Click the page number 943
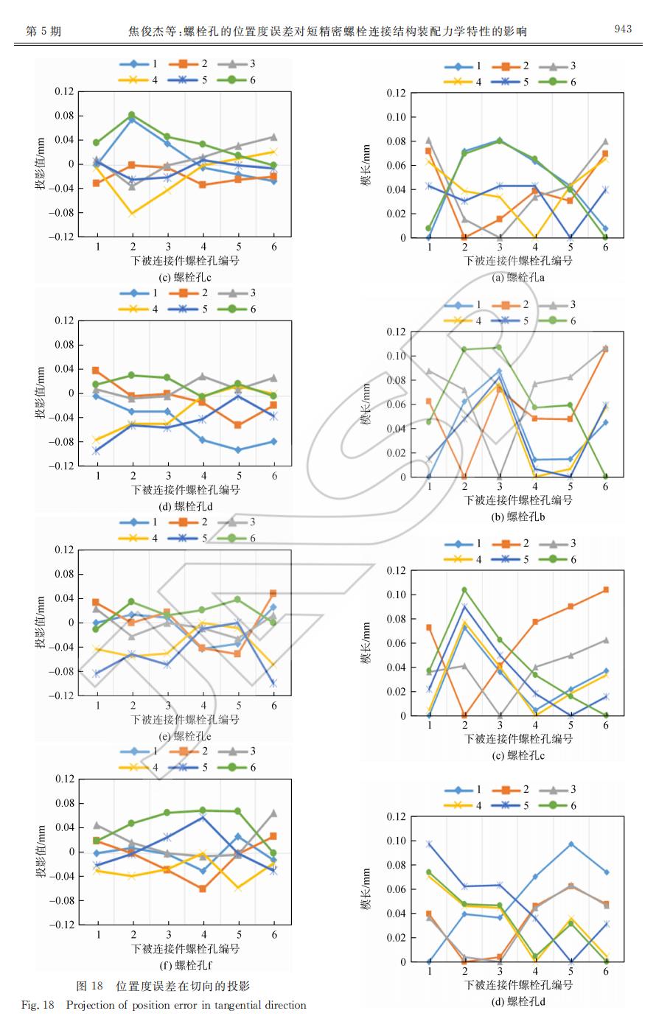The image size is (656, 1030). [623, 29]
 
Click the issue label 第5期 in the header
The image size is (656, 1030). [43, 31]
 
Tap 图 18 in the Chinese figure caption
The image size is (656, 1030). [90, 986]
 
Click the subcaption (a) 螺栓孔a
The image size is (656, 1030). [518, 278]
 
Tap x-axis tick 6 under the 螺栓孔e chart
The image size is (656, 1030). [273, 706]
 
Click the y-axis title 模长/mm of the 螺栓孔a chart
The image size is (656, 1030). [366, 166]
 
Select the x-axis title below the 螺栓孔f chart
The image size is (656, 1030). [185, 949]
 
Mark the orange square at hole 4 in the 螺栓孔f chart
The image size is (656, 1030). [203, 889]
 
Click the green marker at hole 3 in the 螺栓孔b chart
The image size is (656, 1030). [499, 347]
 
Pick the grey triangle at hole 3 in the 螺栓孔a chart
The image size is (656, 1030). [500, 237]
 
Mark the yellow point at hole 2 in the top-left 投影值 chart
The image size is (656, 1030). [133, 214]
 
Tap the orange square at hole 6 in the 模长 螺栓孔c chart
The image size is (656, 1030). [606, 589]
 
